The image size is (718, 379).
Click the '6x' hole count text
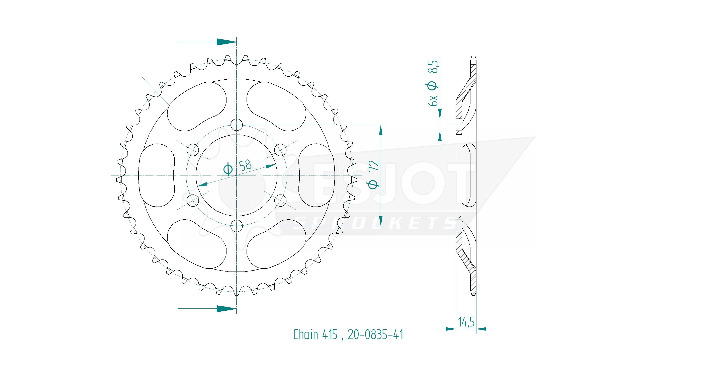434,100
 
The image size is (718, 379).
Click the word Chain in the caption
305,334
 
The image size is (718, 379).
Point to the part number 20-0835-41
375,334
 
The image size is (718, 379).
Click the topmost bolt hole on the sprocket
237,125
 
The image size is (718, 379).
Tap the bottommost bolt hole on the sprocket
237,226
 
